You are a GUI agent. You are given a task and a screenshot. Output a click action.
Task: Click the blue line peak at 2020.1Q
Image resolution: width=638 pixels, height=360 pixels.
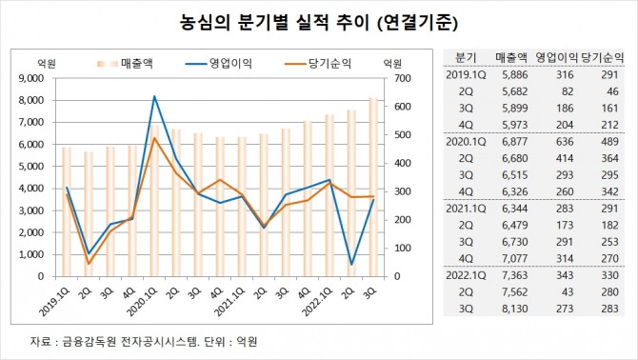pyautogui.click(x=154, y=96)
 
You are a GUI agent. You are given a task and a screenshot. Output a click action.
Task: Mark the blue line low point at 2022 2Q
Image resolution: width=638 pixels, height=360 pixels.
pyautogui.click(x=351, y=264)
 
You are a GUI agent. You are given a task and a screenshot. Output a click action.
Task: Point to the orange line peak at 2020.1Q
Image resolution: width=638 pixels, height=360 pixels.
pyautogui.click(x=154, y=139)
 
